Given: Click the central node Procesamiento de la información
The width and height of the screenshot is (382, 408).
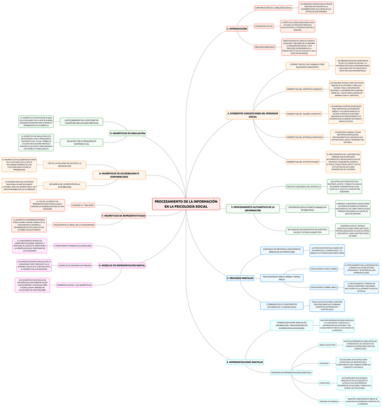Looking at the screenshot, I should (x=185, y=204).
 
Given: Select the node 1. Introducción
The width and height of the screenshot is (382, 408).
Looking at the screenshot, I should (x=237, y=29).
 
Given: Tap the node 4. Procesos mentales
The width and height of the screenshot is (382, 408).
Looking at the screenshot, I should (x=240, y=278).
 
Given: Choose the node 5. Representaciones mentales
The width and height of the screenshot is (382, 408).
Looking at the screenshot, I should (x=245, y=362).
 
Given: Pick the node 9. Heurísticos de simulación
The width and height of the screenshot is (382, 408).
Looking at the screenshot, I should (x=127, y=133).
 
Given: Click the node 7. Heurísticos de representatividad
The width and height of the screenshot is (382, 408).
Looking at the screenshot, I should (x=123, y=216).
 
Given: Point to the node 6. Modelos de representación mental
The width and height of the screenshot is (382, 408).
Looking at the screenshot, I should (x=122, y=265).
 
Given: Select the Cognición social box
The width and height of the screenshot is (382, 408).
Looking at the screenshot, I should (x=264, y=26).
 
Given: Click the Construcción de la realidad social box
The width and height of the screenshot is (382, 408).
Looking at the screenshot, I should (x=273, y=8).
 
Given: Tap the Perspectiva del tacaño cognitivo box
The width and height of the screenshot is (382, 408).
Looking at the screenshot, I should (x=303, y=114).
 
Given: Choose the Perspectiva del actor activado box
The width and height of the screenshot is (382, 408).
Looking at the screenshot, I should (x=303, y=162).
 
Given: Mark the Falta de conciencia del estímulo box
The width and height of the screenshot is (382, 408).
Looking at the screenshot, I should (x=303, y=186).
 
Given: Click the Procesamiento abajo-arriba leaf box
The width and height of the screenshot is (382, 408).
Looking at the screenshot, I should (x=324, y=269).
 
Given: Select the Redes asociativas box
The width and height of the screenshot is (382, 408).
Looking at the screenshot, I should (x=328, y=345).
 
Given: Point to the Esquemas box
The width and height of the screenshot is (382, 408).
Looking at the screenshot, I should (x=324, y=363).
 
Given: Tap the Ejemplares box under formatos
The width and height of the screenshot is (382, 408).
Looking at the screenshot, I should (x=325, y=383).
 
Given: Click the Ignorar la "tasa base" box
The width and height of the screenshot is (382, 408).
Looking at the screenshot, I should (x=83, y=205).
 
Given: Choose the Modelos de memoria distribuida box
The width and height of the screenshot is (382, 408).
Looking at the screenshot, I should (x=75, y=265).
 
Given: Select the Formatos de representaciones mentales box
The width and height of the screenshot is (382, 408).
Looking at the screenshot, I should (x=291, y=372).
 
